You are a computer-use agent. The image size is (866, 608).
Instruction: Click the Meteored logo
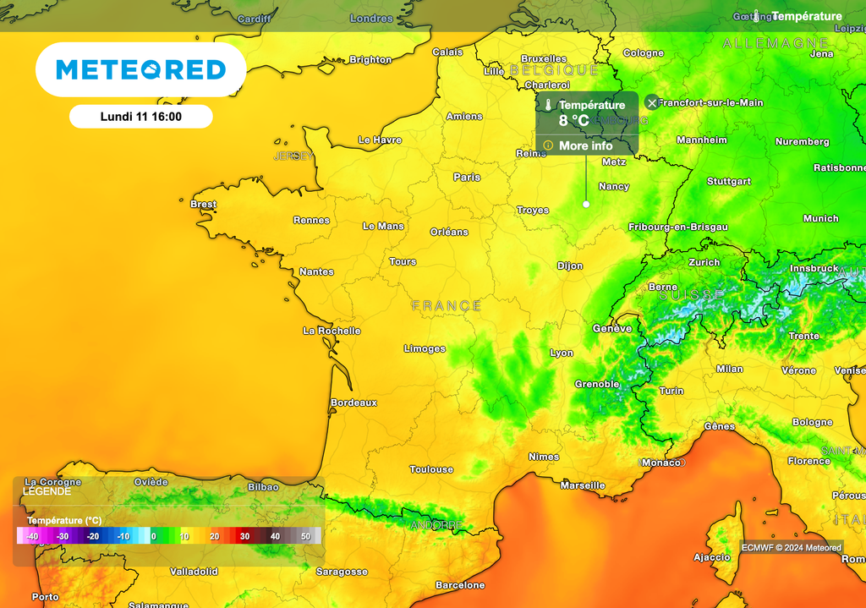coord(140,69)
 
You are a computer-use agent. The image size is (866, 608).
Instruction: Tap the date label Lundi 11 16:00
coord(140,117)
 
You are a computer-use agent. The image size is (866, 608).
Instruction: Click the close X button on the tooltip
coord(651,102)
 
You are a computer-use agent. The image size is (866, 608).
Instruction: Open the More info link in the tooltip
coord(585,146)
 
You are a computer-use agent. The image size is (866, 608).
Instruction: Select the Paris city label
coord(467,178)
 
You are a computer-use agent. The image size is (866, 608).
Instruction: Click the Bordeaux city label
coord(354,403)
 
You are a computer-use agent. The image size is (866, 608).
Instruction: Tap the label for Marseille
coord(583,485)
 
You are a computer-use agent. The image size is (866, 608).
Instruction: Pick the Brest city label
coord(203,204)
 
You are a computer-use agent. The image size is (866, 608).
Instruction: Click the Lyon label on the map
coord(562,353)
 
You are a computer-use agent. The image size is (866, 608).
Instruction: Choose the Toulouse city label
coord(431,469)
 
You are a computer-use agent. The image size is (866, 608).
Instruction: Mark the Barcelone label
coord(460,585)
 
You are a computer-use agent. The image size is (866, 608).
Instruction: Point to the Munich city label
coord(820,219)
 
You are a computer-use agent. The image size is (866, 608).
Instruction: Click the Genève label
coord(612,328)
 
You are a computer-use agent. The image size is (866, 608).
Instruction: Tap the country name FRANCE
coord(447,305)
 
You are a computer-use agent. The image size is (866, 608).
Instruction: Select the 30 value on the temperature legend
coord(244,536)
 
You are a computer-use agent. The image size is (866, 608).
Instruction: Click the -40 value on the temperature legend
coord(32,536)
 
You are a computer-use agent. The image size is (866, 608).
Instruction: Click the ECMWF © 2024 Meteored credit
coord(791,548)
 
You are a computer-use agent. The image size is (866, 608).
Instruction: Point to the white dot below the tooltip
coord(586,204)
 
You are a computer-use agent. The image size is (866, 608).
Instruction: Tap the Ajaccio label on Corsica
coord(711,557)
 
